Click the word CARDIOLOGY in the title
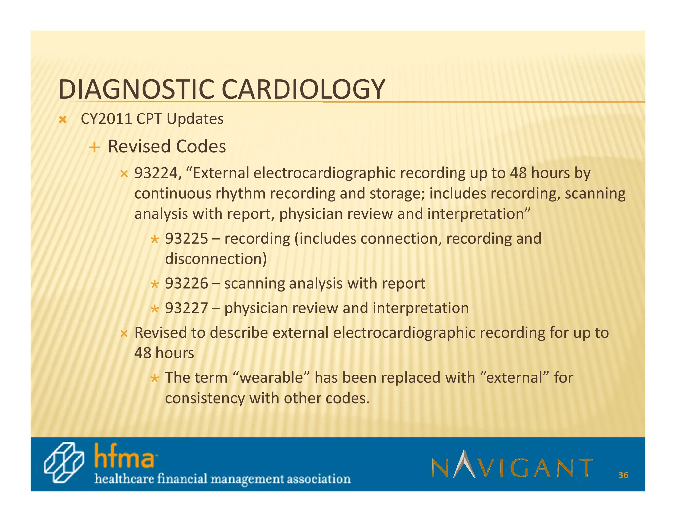point(303,89)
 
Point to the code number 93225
point(186,238)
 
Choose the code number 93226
point(186,283)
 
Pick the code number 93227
point(186,308)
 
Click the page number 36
point(623,475)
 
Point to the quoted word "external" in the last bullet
point(518,377)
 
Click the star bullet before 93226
point(154,284)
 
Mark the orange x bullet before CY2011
point(62,120)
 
